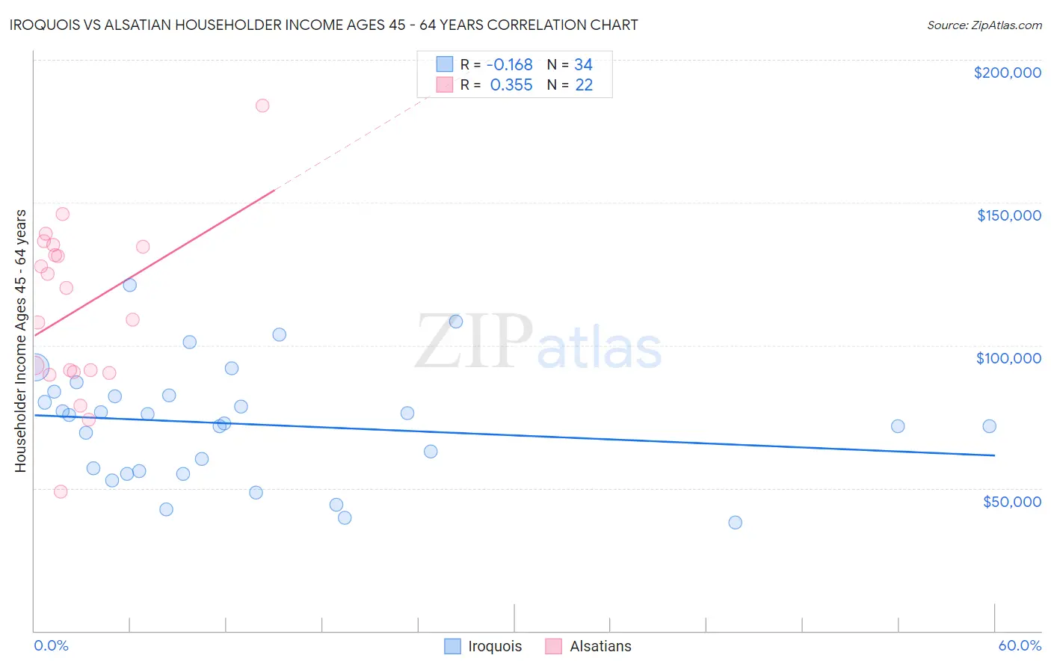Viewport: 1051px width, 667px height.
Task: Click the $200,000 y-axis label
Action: pyautogui.click(x=1007, y=73)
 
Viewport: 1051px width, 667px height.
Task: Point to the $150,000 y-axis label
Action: pyautogui.click(x=1008, y=215)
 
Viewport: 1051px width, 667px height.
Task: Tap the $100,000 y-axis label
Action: pyautogui.click(x=1008, y=358)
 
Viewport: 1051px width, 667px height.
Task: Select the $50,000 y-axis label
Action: pyautogui.click(x=1011, y=502)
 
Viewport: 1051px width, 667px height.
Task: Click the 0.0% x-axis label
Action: pyautogui.click(x=51, y=645)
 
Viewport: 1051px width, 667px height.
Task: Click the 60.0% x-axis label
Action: pyautogui.click(x=1019, y=645)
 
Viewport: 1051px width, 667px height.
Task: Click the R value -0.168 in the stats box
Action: pyautogui.click(x=509, y=65)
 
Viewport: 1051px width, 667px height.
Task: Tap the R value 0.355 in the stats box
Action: pyautogui.click(x=511, y=85)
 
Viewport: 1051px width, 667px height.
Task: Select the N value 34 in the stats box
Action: pyautogui.click(x=583, y=65)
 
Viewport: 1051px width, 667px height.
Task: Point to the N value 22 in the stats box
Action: pyautogui.click(x=584, y=85)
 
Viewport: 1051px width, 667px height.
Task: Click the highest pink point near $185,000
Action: pyautogui.click(x=262, y=105)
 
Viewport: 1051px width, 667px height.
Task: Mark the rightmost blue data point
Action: pyautogui.click(x=989, y=426)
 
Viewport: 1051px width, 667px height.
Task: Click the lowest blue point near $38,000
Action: pyautogui.click(x=735, y=523)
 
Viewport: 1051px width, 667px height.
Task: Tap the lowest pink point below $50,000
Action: pyautogui.click(x=61, y=491)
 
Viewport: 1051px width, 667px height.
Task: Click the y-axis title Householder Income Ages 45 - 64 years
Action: pyautogui.click(x=20, y=341)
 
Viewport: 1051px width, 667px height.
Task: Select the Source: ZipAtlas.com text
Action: pyautogui.click(x=984, y=25)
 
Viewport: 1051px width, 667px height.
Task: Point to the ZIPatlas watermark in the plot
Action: pyautogui.click(x=537, y=342)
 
